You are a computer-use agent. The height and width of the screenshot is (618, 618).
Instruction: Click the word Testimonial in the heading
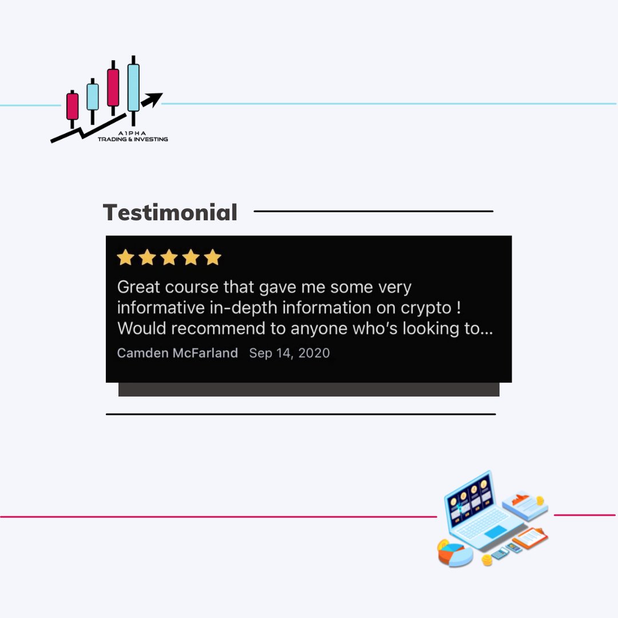(x=170, y=213)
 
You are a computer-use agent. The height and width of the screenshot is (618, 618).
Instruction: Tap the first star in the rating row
(x=125, y=257)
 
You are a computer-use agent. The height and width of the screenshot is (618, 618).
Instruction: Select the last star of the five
(x=212, y=257)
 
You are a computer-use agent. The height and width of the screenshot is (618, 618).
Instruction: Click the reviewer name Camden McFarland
(x=177, y=353)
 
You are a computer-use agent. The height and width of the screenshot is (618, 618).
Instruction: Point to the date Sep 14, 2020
(x=290, y=353)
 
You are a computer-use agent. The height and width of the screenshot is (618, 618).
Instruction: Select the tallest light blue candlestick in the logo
(x=133, y=88)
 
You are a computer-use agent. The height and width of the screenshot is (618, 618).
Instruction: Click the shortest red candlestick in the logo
(x=72, y=106)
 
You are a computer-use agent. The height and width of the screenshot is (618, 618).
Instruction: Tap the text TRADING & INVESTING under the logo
(x=133, y=139)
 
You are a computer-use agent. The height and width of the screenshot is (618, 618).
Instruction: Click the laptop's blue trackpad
(x=495, y=532)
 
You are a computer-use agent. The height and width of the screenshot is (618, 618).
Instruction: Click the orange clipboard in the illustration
(x=529, y=537)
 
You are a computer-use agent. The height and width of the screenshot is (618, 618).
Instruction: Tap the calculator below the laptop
(x=500, y=553)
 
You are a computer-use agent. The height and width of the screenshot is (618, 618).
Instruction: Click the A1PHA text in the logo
(x=133, y=133)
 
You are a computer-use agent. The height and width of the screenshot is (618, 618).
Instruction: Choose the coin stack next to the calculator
(x=486, y=560)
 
